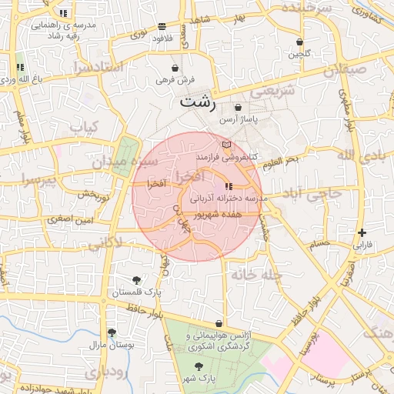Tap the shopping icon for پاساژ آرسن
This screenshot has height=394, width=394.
tap(238, 108)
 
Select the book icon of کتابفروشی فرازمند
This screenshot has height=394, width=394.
tap(225, 145)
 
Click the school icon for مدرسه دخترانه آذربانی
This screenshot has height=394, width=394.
tap(227, 186)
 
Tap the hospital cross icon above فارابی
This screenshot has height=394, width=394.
tap(362, 232)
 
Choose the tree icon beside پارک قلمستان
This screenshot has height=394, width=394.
tap(136, 280)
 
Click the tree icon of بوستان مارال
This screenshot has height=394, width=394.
tap(112, 333)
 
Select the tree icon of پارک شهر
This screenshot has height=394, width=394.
tap(199, 367)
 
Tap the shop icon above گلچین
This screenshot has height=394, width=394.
tap(299, 42)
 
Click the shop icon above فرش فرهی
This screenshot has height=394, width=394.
tap(175, 68)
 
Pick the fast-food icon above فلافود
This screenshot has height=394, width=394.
tap(161, 25)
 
